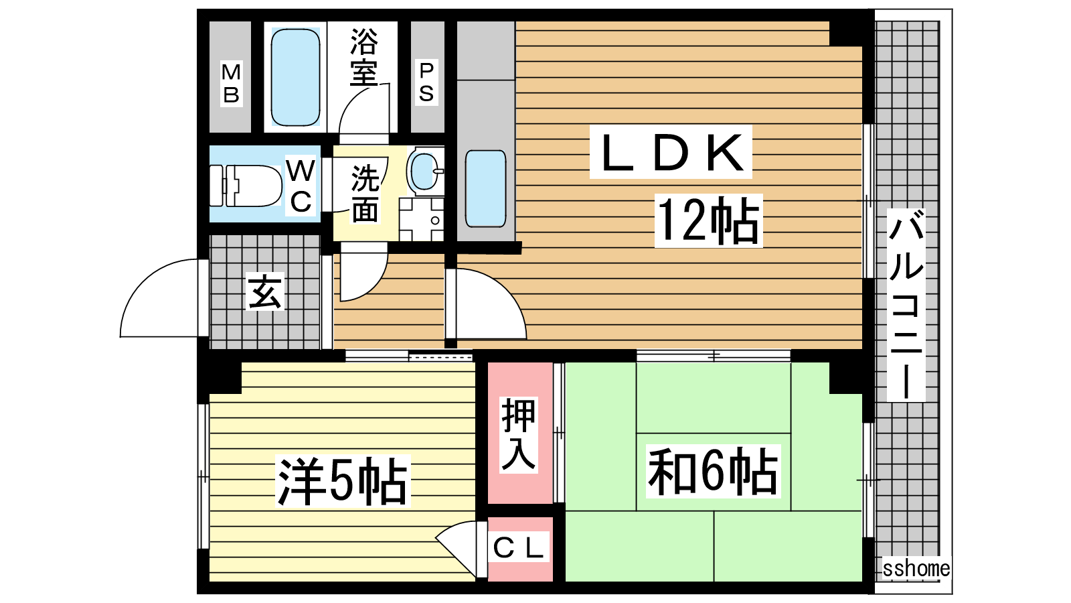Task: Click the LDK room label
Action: [671, 151]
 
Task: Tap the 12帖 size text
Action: [709, 220]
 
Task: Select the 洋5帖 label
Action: [342, 481]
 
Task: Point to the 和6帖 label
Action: [713, 471]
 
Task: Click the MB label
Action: [231, 83]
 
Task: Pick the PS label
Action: [426, 82]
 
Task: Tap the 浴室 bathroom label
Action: [364, 58]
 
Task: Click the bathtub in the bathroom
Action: [295, 77]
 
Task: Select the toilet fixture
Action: [246, 186]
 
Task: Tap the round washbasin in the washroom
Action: [424, 172]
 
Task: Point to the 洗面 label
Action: [365, 194]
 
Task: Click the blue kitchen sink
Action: [486, 188]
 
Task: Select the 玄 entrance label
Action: [265, 291]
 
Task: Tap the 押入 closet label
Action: [519, 435]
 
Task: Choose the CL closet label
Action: [519, 548]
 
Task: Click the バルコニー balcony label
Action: [906, 305]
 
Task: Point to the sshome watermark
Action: [916, 569]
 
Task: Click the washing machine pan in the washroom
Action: [422, 220]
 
